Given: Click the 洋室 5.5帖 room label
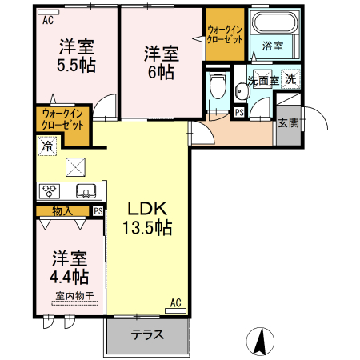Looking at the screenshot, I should [76, 56].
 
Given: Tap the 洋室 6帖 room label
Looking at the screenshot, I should [161, 62].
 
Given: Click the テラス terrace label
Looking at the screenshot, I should [148, 336].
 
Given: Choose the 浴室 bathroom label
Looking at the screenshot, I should [273, 46].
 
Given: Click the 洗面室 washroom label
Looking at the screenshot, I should [262, 81].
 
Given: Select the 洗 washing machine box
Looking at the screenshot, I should [292, 79].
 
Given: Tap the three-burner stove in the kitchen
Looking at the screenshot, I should [50, 191].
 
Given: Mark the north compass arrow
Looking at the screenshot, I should [259, 342].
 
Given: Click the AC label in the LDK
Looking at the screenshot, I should [176, 303].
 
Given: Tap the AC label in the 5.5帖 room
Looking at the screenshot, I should [48, 22].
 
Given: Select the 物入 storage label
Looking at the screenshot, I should [62, 211].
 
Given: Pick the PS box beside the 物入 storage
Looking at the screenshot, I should [98, 211].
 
